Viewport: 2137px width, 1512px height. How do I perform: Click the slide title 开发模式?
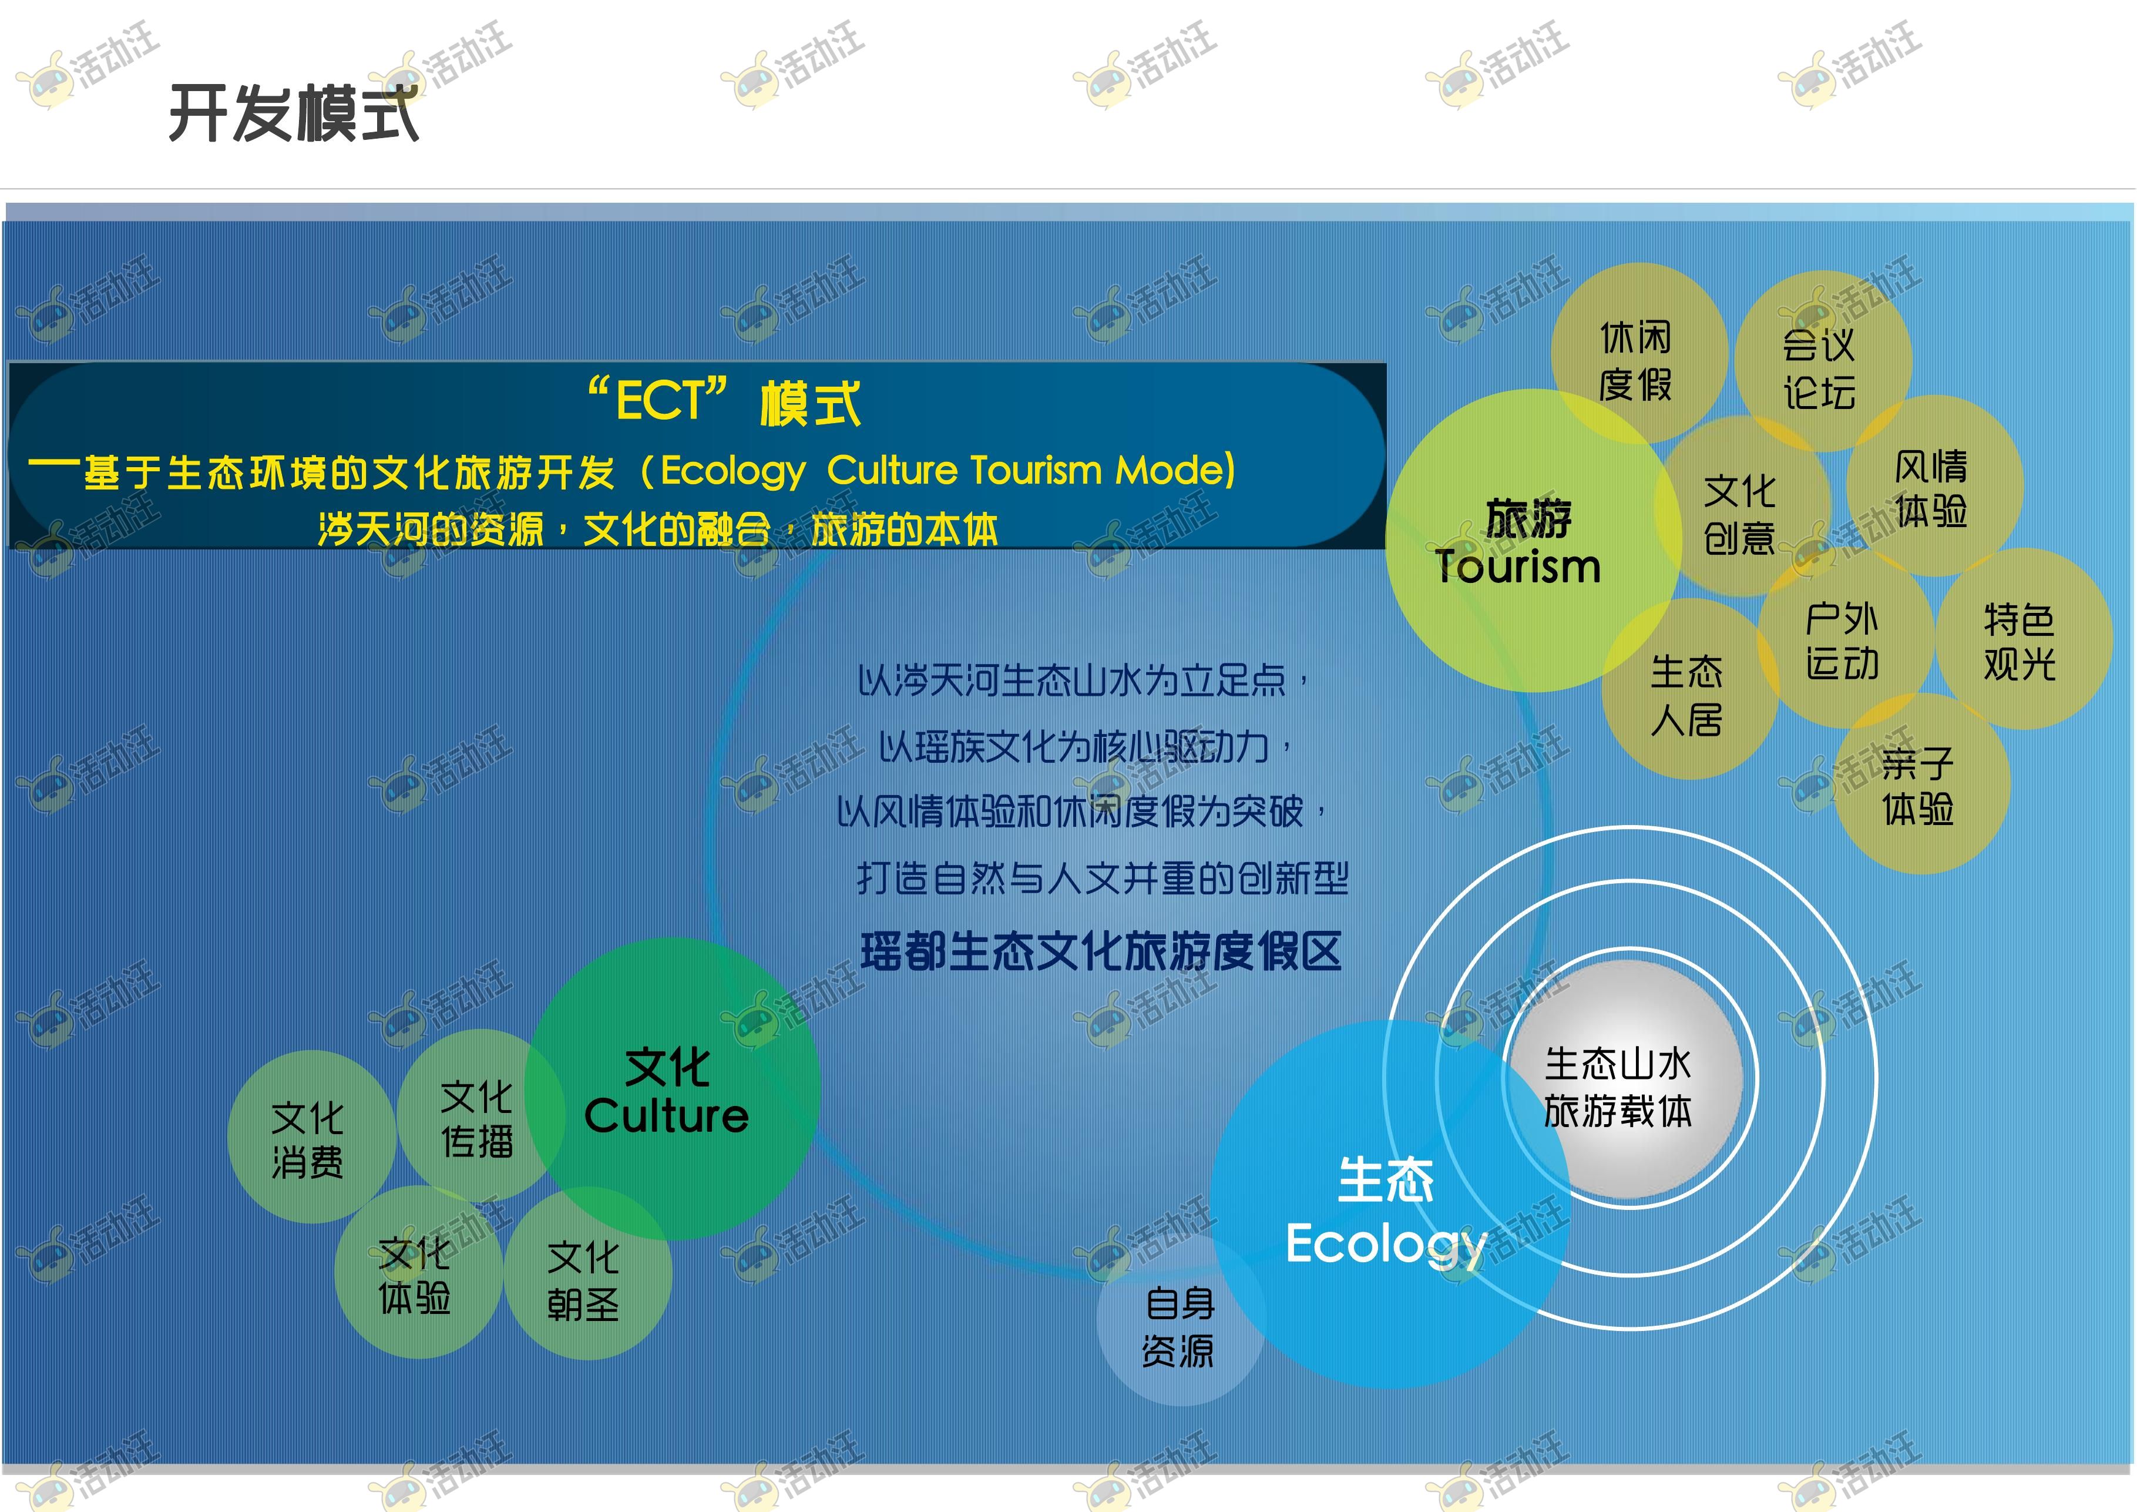tap(294, 113)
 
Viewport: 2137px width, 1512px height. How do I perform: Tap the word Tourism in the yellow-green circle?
tap(1518, 566)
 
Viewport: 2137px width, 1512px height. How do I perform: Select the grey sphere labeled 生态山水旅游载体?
tap(1621, 1080)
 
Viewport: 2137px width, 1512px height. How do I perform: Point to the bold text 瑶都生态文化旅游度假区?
tap(1101, 951)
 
